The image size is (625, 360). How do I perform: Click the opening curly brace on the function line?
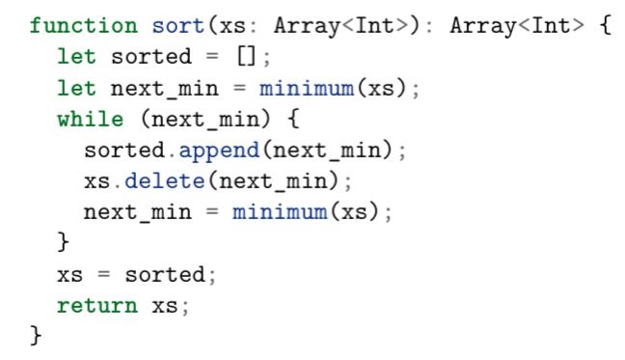[605, 26]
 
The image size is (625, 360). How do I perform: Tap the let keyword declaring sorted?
[77, 57]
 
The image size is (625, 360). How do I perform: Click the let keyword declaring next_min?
[77, 89]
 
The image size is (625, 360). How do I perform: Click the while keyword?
[91, 120]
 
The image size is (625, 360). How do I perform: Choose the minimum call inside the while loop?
[280, 212]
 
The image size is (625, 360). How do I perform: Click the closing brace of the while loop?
[64, 243]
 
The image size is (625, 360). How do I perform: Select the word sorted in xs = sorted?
[172, 275]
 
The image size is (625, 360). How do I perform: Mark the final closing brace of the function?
[37, 337]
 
